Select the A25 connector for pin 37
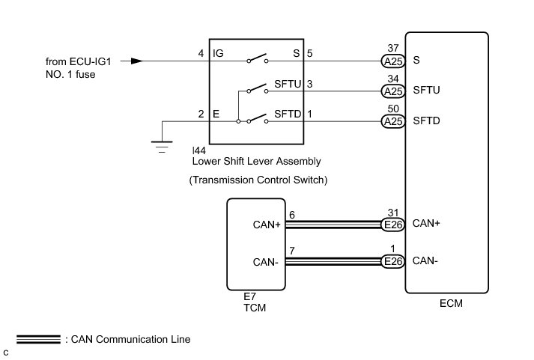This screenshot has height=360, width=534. point(392,61)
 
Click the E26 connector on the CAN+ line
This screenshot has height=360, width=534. point(392,223)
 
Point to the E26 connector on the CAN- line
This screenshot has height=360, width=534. point(392,261)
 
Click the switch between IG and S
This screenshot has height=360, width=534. point(258,59)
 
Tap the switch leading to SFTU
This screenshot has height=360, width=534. point(258,89)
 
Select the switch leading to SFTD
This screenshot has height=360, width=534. point(258,118)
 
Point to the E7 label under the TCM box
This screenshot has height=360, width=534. point(249,296)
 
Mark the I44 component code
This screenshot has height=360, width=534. point(200,150)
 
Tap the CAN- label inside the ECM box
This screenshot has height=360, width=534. point(425,261)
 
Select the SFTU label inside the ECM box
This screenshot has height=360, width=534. point(426,91)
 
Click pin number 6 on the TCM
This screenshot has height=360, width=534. point(293,214)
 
